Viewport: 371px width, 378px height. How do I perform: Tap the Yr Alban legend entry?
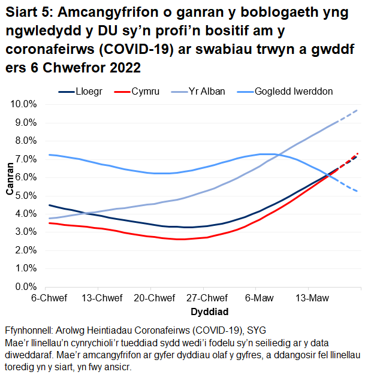point(206,92)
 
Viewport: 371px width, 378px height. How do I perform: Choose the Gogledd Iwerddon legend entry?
point(293,92)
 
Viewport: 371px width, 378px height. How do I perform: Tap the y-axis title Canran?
point(9,180)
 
